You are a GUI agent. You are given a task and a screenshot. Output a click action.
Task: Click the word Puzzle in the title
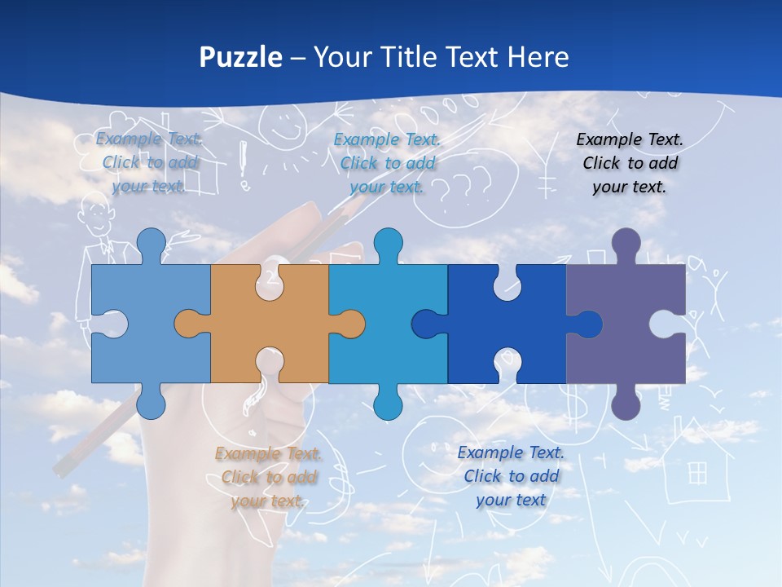coord(241,57)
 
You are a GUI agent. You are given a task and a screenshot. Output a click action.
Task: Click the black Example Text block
coord(630,163)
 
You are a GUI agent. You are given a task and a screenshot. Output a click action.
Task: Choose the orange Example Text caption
coord(268,477)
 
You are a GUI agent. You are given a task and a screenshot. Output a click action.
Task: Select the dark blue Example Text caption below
coord(511,476)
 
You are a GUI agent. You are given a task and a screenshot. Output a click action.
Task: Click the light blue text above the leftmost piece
coord(150,162)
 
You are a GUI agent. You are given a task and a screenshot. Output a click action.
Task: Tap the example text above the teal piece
coord(387,163)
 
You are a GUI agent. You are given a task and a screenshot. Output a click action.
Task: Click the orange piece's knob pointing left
coord(187,324)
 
